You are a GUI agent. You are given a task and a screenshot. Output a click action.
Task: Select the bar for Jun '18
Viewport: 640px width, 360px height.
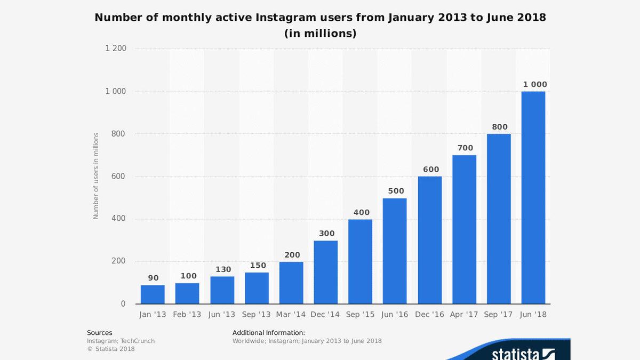(533, 197)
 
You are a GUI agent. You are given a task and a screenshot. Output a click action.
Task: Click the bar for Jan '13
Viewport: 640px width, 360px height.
(153, 294)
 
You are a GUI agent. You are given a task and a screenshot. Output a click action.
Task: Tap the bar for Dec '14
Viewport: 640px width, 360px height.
(326, 272)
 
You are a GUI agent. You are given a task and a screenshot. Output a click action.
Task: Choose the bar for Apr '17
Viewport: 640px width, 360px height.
(464, 229)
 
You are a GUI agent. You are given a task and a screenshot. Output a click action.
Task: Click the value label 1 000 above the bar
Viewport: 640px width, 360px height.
(534, 84)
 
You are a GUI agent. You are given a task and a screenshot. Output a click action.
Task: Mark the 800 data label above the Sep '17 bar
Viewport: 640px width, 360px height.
(500, 127)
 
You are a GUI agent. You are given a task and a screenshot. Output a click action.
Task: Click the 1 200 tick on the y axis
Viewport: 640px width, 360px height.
(116, 49)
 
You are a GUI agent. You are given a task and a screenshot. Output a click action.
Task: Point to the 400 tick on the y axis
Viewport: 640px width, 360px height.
(119, 219)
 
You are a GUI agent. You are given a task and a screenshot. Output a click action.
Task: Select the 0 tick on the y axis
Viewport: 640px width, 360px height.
(123, 304)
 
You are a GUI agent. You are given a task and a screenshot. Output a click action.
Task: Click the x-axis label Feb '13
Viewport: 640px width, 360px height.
(187, 315)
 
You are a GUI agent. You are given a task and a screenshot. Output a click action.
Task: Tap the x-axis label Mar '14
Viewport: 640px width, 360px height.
(291, 315)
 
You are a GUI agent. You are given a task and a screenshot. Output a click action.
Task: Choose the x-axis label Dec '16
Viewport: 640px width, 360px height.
(429, 315)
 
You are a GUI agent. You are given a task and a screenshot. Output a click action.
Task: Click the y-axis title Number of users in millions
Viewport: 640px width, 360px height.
(97, 177)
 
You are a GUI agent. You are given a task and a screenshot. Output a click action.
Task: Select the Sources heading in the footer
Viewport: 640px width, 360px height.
(100, 333)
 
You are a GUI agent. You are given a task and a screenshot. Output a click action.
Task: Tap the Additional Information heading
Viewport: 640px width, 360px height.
(268, 333)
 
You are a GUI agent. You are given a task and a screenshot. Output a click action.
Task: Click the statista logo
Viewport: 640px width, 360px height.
(523, 354)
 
